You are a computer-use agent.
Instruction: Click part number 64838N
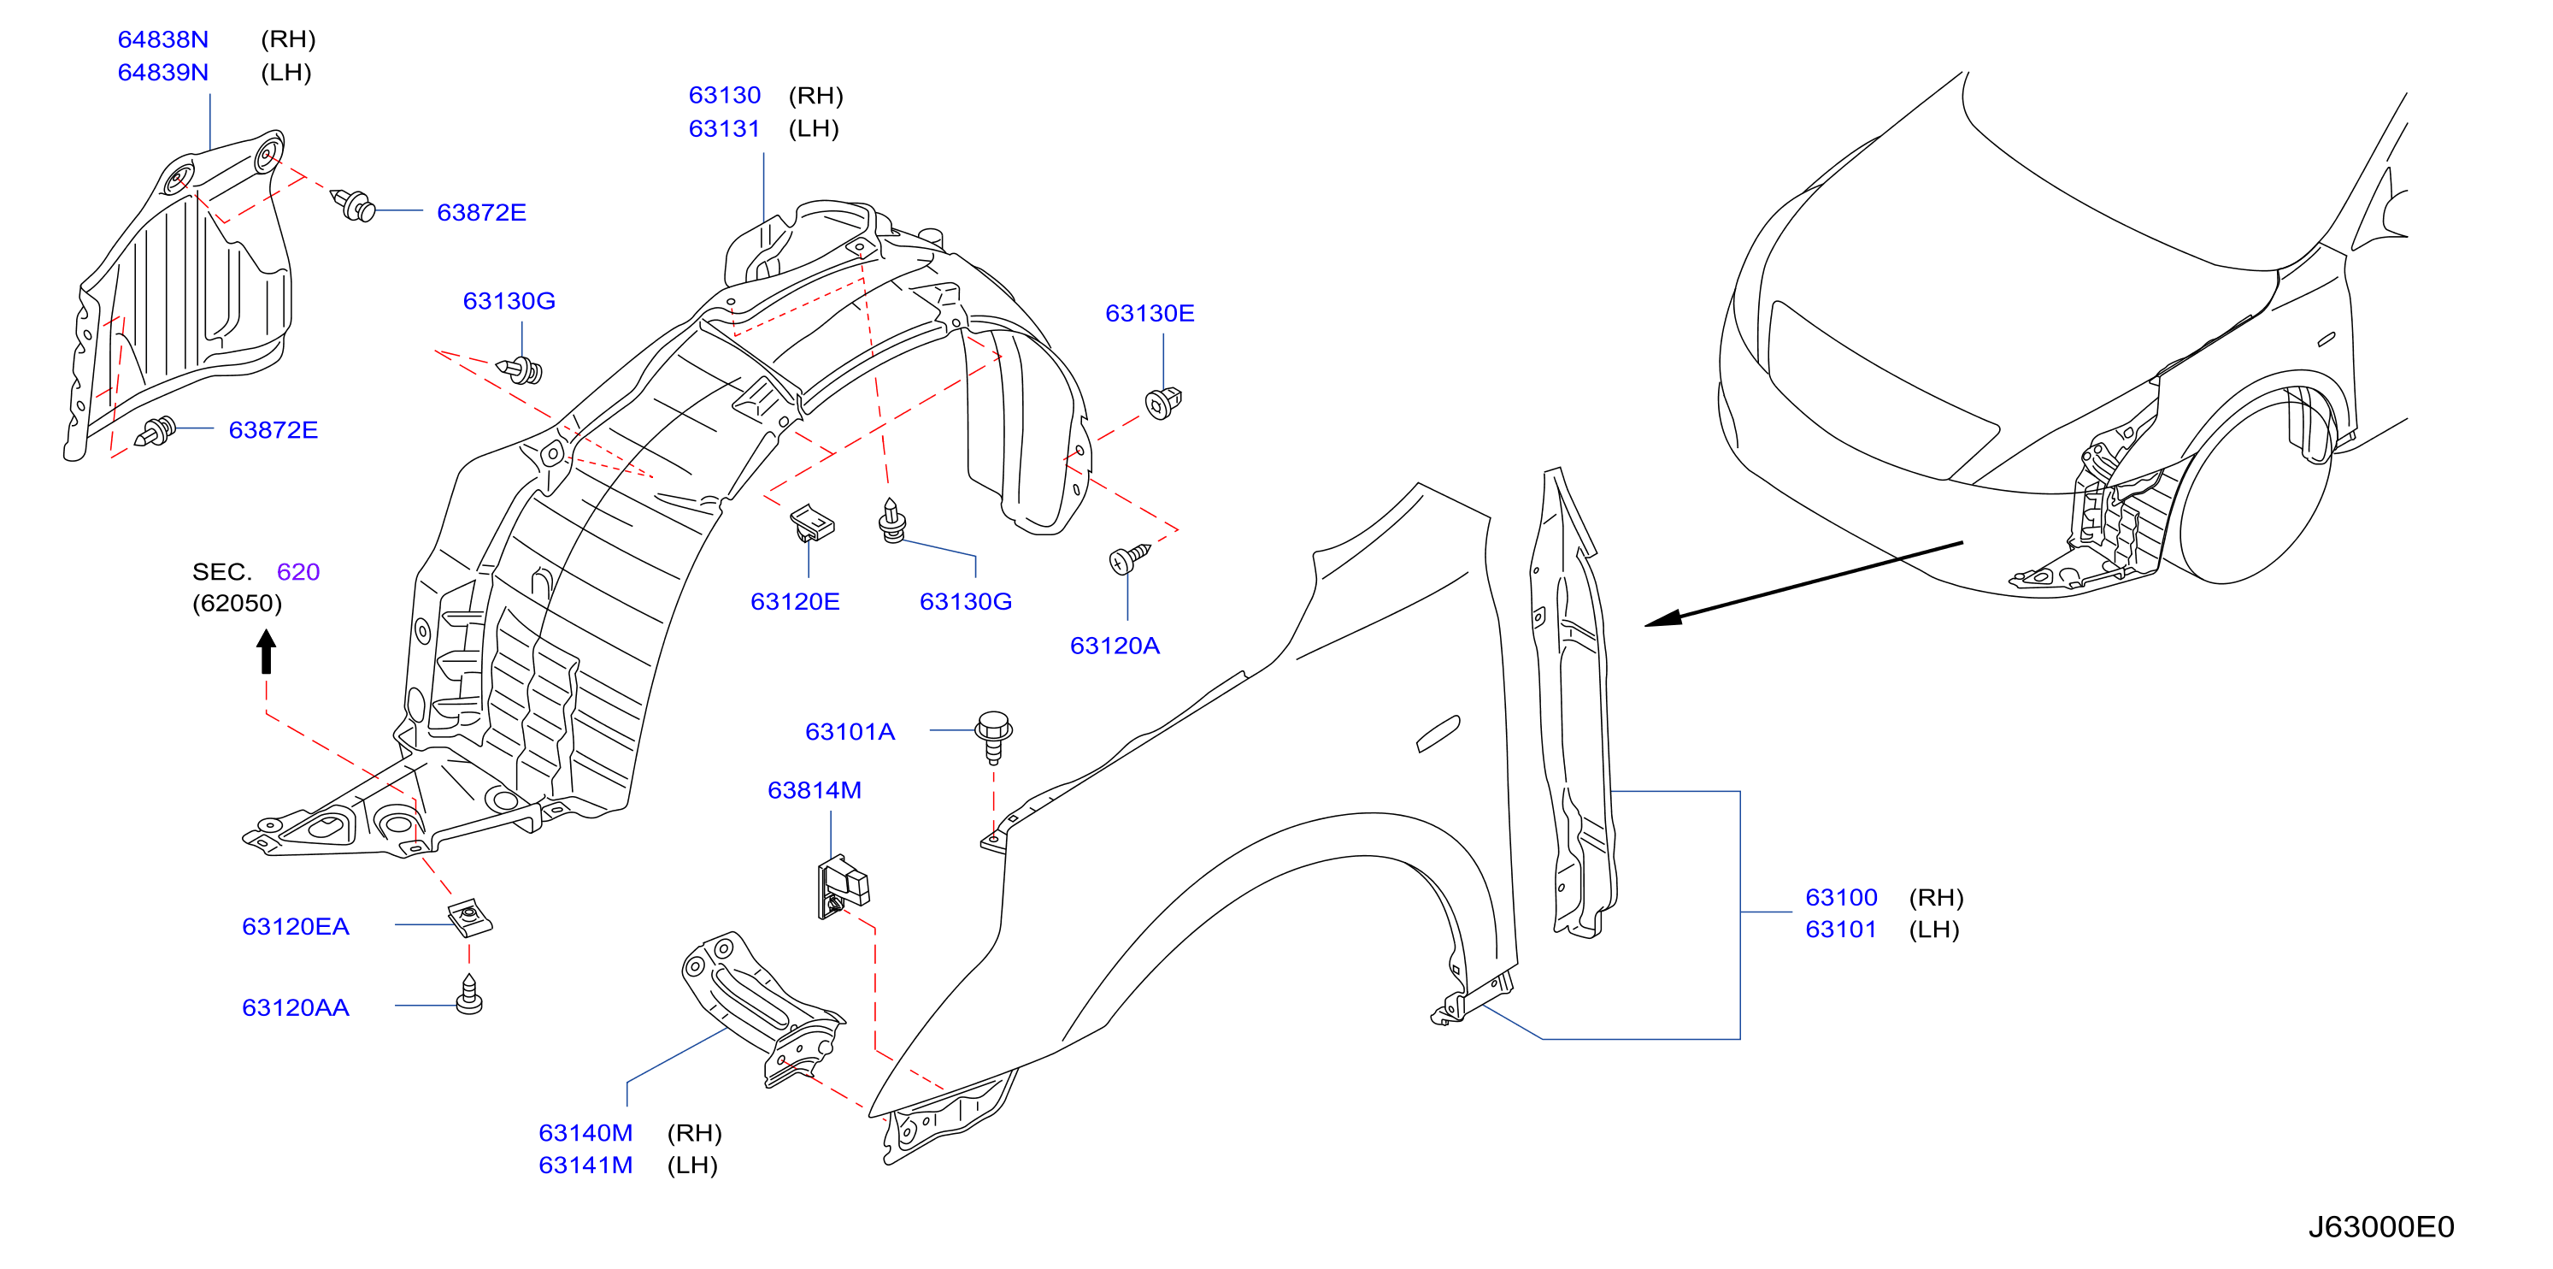(x=162, y=39)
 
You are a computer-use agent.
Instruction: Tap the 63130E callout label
(x=1150, y=313)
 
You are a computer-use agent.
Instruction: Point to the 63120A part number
(x=1114, y=646)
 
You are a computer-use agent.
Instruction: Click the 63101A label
(x=850, y=732)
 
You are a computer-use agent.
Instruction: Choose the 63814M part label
(x=814, y=790)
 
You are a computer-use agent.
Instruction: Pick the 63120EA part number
(x=296, y=926)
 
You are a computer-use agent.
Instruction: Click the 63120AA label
(x=296, y=1007)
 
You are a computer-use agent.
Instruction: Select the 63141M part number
(x=585, y=1165)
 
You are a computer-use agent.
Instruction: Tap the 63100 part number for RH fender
(x=1840, y=897)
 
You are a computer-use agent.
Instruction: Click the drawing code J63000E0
(x=2380, y=1227)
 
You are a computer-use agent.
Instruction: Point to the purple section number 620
(x=297, y=572)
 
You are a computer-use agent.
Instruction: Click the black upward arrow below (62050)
(x=266, y=652)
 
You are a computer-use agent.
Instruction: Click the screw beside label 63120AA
(x=468, y=995)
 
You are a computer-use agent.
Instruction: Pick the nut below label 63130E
(x=1162, y=403)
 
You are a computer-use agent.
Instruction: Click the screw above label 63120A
(x=1128, y=558)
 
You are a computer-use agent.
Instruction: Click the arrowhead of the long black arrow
(x=1663, y=617)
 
